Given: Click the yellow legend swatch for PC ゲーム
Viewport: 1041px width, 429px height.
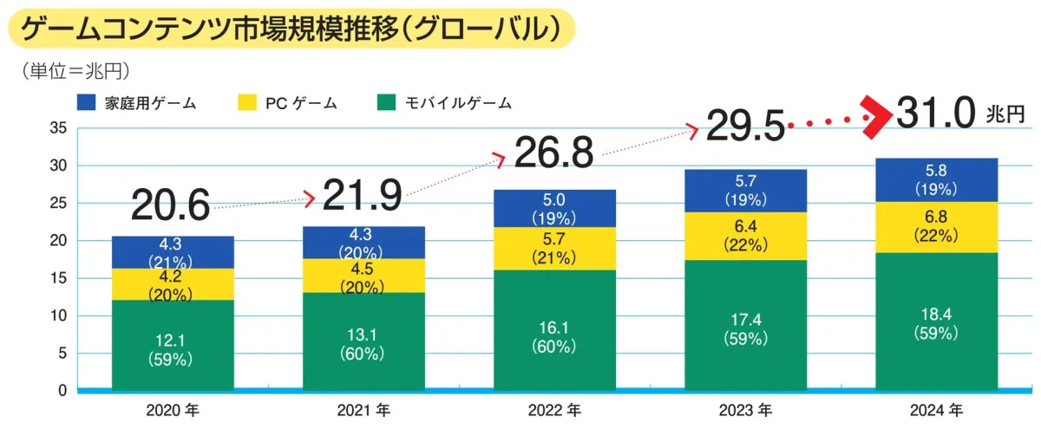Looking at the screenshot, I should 247,103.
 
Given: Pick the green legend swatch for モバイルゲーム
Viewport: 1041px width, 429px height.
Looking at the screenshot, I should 388,103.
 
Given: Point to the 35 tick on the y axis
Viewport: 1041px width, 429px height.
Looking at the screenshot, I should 58,128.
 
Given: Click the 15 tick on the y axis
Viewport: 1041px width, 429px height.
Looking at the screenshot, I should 58,278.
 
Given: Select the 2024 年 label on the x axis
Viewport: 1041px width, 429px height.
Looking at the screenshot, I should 936,410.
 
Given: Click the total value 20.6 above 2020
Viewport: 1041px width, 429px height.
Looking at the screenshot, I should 171,206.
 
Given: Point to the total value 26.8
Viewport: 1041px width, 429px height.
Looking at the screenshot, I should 553,153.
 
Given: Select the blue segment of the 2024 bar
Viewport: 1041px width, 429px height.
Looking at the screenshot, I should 936,179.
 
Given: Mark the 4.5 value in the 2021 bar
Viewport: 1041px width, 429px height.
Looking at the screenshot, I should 363,267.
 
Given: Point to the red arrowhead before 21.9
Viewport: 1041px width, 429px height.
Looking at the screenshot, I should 310,199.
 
